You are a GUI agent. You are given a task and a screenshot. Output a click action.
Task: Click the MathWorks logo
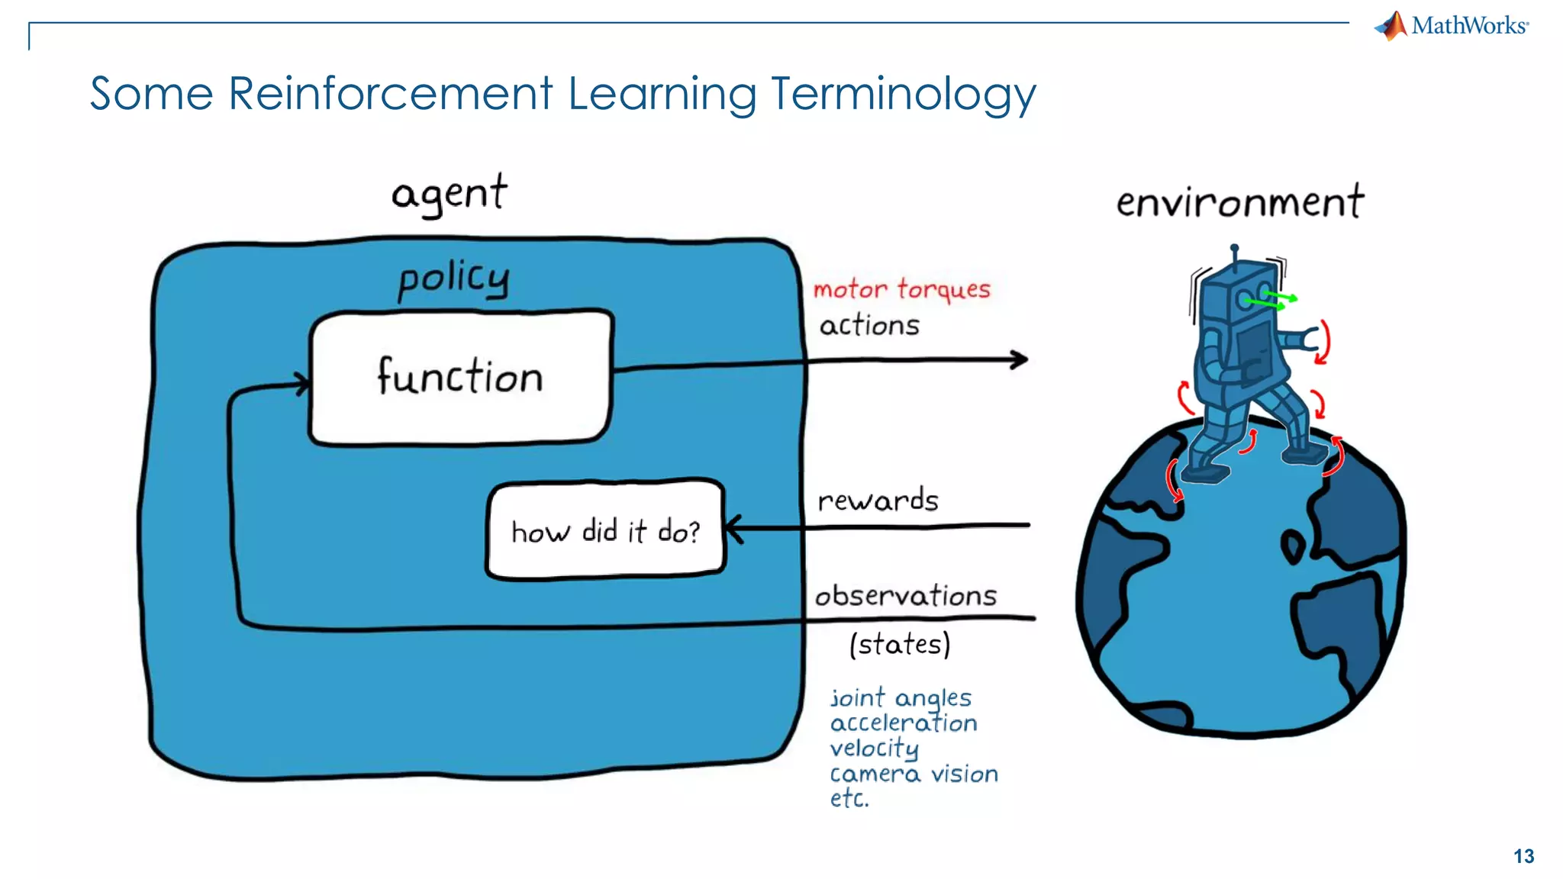point(1451,26)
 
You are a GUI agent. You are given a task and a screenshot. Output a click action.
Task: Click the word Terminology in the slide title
point(903,95)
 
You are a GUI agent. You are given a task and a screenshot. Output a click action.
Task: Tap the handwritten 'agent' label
point(449,194)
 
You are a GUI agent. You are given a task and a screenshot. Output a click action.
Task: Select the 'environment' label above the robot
point(1239,203)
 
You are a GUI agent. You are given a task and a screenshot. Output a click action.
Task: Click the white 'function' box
point(460,377)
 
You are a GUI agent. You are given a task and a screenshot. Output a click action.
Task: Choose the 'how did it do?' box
point(605,530)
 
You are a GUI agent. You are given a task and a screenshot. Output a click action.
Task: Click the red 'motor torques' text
point(901,290)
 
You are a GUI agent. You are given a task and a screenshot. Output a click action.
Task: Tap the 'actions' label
point(869,326)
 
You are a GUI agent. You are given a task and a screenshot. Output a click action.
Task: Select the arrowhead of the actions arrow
point(1020,359)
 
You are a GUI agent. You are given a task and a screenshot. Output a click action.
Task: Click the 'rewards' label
point(878,501)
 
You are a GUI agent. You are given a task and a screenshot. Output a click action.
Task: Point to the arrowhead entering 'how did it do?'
point(733,528)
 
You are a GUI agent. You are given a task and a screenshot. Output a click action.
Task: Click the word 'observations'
point(906,596)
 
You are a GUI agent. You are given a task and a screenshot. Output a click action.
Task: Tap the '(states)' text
point(900,645)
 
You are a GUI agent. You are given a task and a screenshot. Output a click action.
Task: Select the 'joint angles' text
point(901,698)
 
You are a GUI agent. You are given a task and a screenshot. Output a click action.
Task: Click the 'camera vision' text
point(914,774)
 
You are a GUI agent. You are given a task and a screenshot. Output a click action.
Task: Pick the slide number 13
point(1523,856)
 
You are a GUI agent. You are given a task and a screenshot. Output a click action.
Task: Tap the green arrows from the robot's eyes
point(1271,300)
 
